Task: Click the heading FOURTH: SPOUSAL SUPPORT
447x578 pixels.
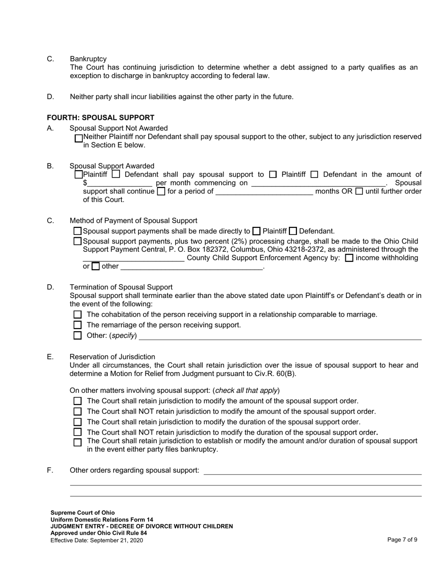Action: (100, 117)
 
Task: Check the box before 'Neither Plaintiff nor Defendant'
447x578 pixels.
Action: (79, 138)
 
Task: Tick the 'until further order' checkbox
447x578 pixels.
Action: (359, 191)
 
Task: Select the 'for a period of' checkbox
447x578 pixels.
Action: (161, 191)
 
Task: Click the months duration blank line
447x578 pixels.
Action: (264, 191)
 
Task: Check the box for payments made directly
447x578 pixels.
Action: (78, 231)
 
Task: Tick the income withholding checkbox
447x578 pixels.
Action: (349, 258)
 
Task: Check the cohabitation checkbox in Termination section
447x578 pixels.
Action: (78, 314)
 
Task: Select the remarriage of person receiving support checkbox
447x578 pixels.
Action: (78, 325)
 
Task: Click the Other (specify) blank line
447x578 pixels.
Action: (280, 336)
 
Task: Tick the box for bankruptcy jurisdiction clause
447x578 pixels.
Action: (78, 442)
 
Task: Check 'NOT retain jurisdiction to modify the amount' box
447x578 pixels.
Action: (78, 412)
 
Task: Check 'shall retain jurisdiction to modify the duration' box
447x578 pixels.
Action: (78, 422)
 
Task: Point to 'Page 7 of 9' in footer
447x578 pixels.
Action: (402, 540)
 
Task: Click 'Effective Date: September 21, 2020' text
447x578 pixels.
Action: (96, 540)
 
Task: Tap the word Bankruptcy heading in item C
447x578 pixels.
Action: (88, 59)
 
